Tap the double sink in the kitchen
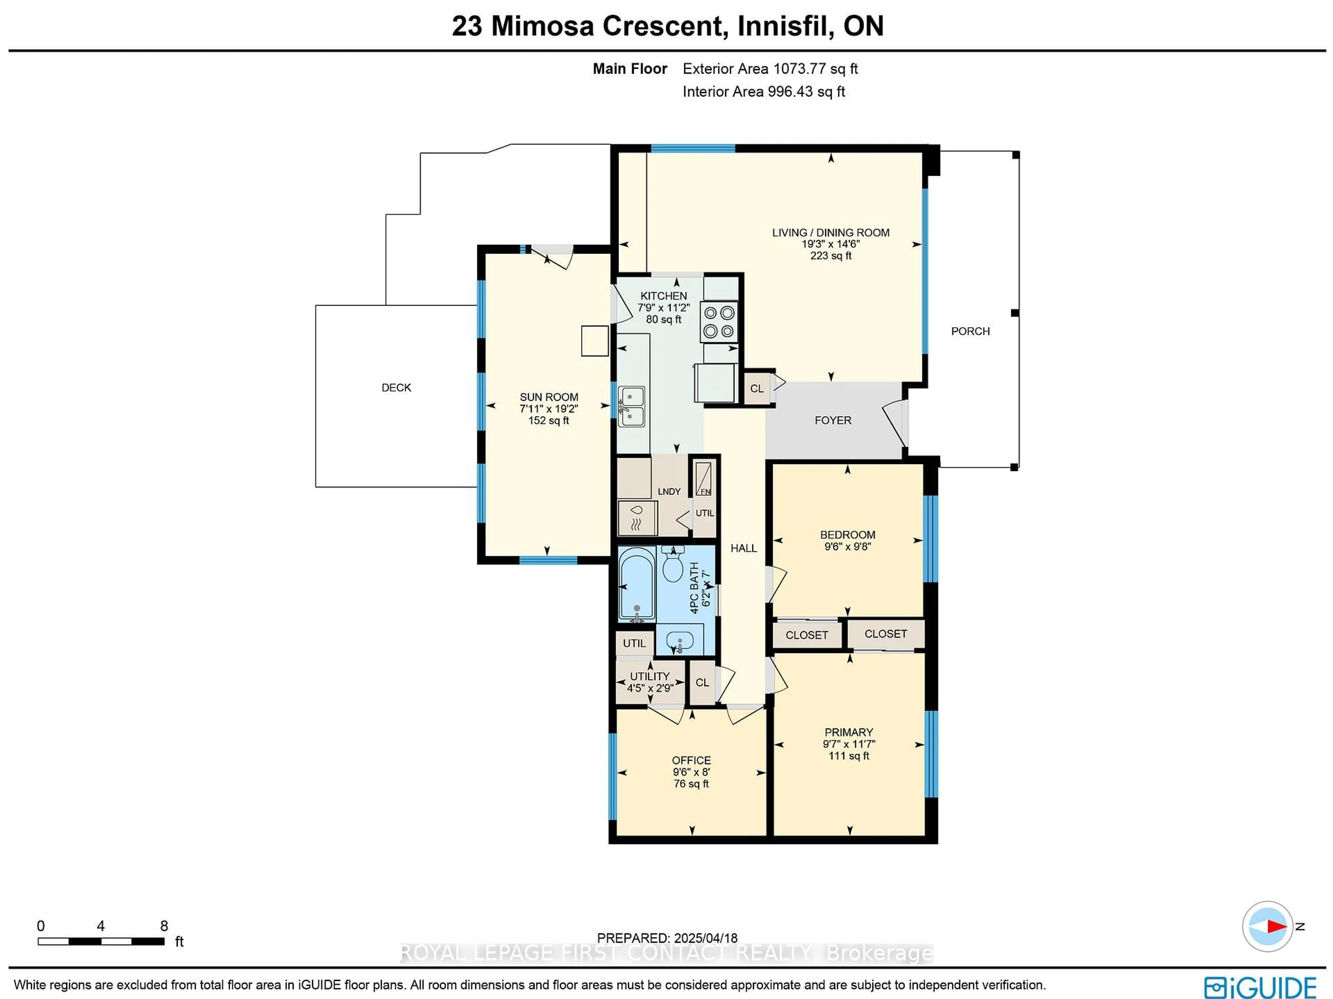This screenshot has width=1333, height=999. (631, 406)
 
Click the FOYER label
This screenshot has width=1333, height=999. (833, 420)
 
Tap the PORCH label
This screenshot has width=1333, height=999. (970, 331)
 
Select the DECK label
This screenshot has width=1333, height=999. (396, 388)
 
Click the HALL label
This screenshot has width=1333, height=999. (744, 548)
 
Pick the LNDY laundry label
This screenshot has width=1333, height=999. (669, 492)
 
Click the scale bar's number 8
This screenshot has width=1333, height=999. (164, 925)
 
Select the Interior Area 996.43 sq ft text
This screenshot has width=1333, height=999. (763, 92)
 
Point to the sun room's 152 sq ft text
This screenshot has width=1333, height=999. (548, 420)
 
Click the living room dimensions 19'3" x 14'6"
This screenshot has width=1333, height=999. (830, 244)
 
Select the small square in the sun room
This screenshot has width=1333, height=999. (595, 341)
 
